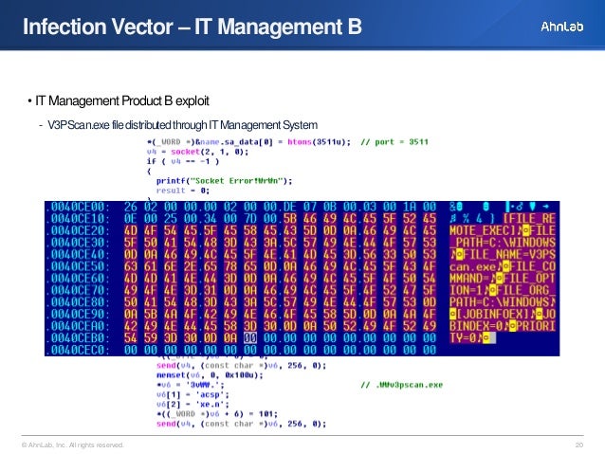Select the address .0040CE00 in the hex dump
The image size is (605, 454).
(81, 205)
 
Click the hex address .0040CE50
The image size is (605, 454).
(81, 268)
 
